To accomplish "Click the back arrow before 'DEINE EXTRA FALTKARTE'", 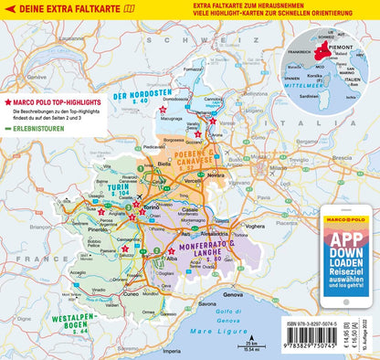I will click(x=10, y=10).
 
